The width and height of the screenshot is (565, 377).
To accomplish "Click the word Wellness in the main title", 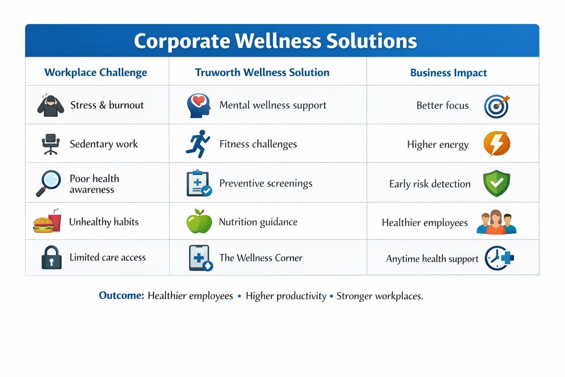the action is coord(278,41).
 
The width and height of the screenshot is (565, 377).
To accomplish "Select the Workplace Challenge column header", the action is coord(96,73).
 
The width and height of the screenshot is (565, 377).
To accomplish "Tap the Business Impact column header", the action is coord(448,73).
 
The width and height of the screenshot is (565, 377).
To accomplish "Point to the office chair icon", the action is coord(51,144).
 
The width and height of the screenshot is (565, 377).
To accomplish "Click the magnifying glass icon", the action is coord(49,183).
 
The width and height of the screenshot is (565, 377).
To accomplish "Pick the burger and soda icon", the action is coord(47,221).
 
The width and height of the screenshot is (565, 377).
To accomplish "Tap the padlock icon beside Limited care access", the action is coord(51,257).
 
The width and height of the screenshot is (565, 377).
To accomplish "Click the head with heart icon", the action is coord(199,106).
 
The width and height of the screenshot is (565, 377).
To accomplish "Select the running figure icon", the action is coord(198,144).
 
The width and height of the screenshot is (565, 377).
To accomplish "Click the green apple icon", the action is coord(199,221).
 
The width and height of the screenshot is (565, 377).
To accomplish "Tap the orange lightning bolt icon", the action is coord(497,144).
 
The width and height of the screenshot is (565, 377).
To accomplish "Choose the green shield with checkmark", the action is coord(497,183).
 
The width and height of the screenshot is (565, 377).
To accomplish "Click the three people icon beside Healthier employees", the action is coord(496,222).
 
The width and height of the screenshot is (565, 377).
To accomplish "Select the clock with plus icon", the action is coord(499,258).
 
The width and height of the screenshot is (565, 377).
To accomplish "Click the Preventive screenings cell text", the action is coord(266,184).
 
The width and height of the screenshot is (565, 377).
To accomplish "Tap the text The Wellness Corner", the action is coord(261,258).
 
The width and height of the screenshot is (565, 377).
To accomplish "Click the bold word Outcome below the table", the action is coord(121,295).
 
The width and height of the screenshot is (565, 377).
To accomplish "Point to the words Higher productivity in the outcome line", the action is coord(286,296).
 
